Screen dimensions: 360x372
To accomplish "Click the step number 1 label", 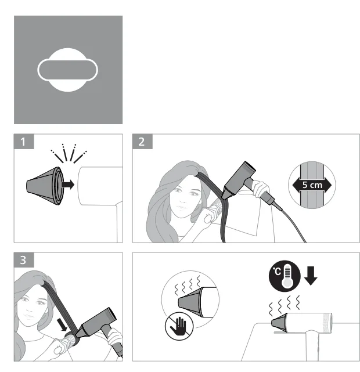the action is pos(23,142).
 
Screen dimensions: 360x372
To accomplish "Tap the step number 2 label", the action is pos(142,142).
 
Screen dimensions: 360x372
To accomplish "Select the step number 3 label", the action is pos(23,260).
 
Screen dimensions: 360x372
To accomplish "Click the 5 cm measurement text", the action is pos(312,185).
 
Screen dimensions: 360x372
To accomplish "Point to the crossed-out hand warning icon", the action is pos(179,326).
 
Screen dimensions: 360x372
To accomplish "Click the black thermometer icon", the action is pos(285,276).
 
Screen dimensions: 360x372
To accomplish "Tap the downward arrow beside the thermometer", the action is pos(311,276).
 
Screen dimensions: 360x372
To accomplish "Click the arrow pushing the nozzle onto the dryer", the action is pos(68,185).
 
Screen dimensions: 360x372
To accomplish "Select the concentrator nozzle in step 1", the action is pos(45,186).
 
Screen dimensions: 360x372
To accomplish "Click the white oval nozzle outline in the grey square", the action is pos(67,70).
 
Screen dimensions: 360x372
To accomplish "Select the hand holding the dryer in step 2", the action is pos(261,188).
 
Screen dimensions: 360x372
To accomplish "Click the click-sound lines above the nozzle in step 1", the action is pos(69,153).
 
